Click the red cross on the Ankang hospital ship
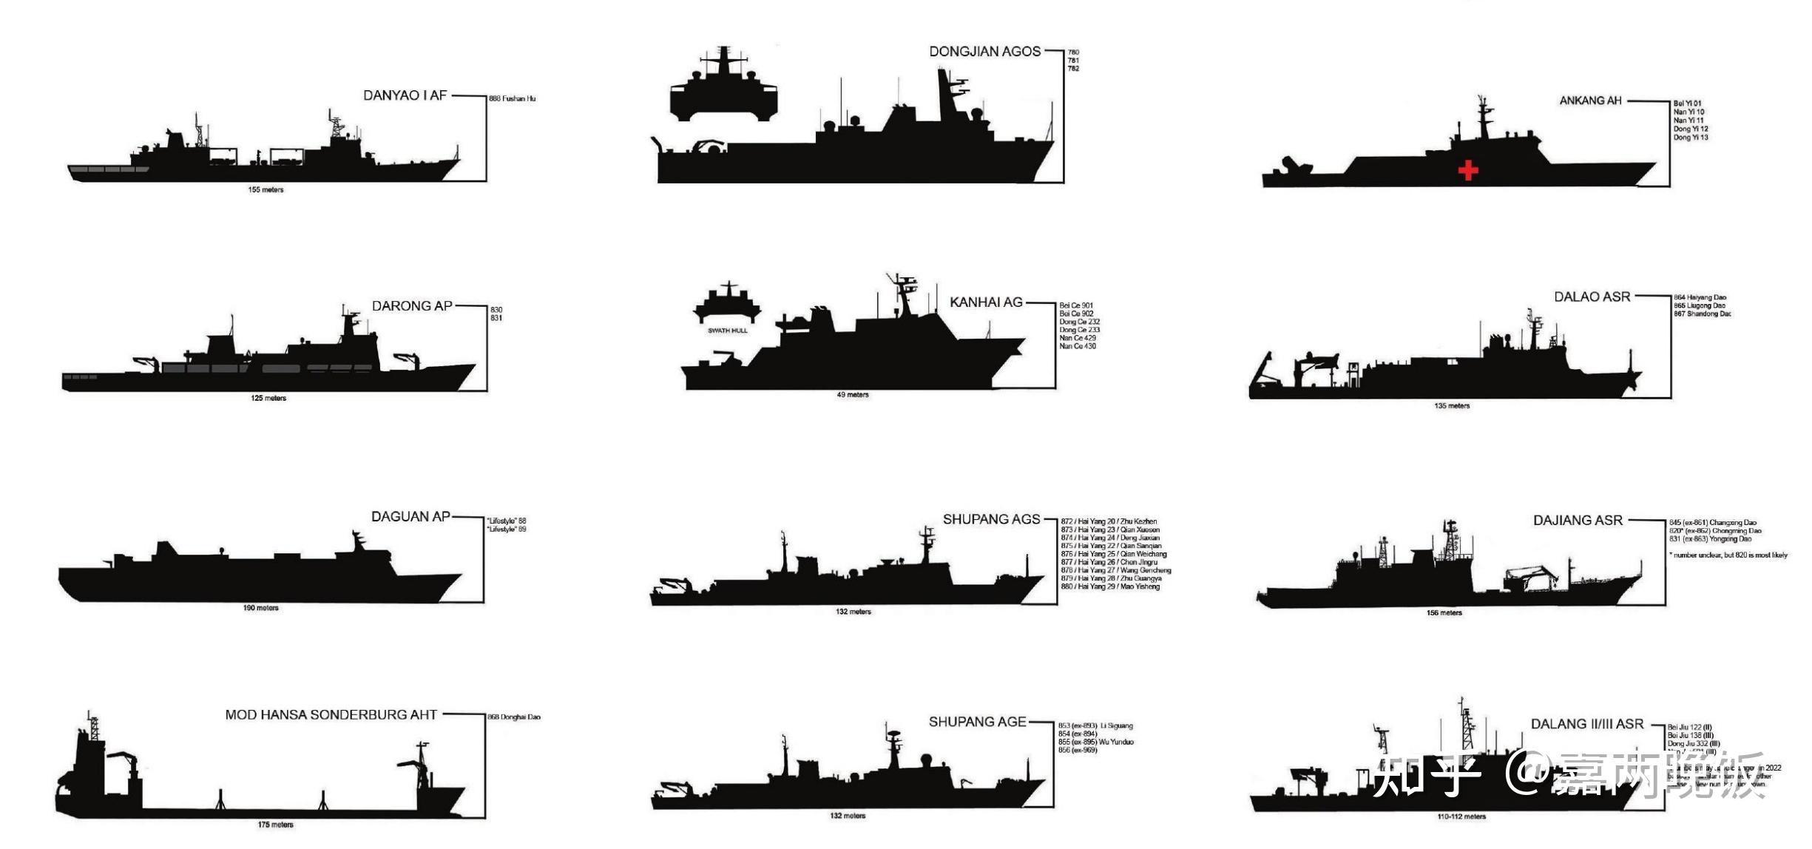tap(1468, 171)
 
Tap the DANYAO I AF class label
tap(405, 95)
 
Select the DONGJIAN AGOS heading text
tap(984, 52)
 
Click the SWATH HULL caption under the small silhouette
tap(728, 331)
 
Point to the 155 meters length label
tap(266, 190)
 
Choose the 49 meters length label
tap(853, 395)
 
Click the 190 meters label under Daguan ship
tap(260, 608)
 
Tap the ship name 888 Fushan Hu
tap(512, 98)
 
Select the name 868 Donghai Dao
tap(513, 717)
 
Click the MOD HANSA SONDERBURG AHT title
tap(331, 715)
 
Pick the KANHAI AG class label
tap(986, 302)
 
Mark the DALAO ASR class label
tap(1592, 297)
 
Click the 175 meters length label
tap(275, 825)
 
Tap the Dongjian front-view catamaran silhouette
tap(724, 87)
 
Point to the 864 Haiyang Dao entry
tap(1700, 297)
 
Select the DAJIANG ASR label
tap(1578, 521)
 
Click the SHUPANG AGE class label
tap(977, 722)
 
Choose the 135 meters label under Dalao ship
tap(1452, 406)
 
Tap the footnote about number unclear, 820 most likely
tap(1728, 555)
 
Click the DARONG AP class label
tap(411, 306)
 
